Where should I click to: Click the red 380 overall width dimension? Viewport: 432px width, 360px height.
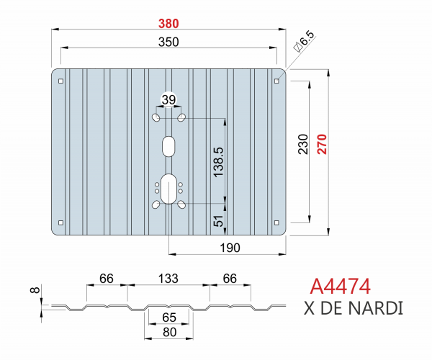click(168, 23)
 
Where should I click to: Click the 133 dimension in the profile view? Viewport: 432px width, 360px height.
click(168, 278)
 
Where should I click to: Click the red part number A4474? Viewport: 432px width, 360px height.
click(341, 286)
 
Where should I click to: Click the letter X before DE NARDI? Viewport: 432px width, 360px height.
click(310, 309)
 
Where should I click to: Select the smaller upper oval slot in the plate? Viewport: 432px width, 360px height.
click(168, 145)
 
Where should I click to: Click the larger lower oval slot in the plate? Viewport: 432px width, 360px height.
click(168, 189)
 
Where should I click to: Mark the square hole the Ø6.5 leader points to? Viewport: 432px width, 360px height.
click(277, 81)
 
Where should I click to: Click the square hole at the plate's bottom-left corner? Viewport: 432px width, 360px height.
click(61, 222)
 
